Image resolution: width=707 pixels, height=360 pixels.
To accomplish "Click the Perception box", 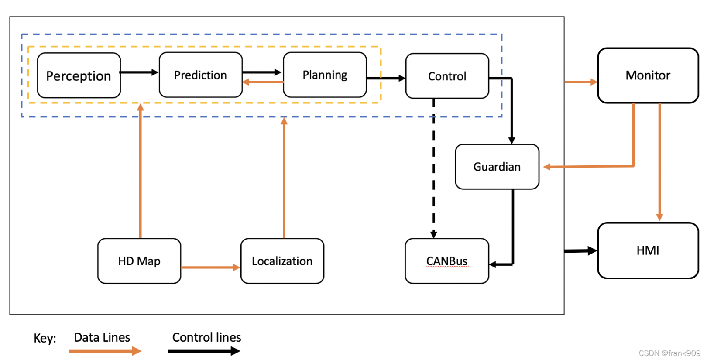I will click(79, 75).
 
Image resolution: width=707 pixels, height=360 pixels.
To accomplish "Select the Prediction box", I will click(200, 75).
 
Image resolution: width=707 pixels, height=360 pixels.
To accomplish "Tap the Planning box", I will click(325, 75).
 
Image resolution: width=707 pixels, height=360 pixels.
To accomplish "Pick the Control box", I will click(447, 76).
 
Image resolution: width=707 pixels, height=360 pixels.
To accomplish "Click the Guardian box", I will click(497, 167).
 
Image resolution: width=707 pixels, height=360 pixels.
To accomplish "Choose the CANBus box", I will click(446, 261).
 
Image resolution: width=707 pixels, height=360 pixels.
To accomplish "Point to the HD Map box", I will click(139, 261).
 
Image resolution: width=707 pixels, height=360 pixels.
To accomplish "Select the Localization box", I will click(282, 261).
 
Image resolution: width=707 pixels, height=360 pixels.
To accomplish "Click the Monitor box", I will click(648, 75).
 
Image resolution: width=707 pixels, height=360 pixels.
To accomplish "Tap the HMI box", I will click(648, 250).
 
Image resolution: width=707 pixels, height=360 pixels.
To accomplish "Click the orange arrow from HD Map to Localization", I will click(210, 267).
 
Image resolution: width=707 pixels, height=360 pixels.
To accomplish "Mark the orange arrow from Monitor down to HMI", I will click(659, 161).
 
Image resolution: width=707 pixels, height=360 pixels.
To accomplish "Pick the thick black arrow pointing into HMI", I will click(580, 251).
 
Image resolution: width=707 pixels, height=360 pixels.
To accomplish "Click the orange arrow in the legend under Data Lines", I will click(105, 351).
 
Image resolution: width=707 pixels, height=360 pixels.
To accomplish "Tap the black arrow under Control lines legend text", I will click(203, 351).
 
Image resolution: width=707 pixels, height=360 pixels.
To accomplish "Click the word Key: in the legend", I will click(45, 338).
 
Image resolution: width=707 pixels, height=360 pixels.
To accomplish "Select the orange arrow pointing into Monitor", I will click(581, 82).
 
